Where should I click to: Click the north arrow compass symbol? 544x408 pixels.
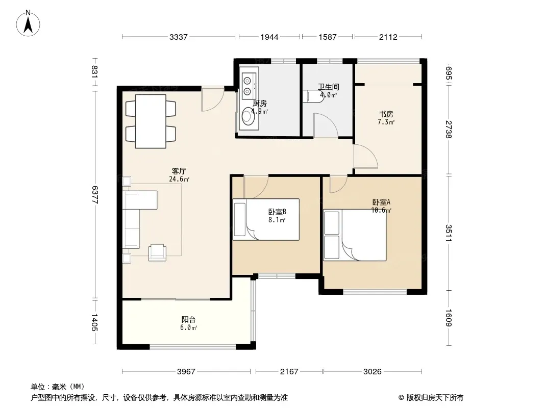point(28,23)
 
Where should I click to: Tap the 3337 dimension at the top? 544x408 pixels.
point(178,37)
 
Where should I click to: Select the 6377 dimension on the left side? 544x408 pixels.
point(95,195)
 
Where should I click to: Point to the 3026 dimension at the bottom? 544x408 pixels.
point(372,372)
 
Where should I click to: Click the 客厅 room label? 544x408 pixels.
point(179,171)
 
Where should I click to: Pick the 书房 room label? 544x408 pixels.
point(386,114)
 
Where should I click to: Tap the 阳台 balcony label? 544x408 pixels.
point(188,320)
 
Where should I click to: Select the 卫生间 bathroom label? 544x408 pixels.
point(329,87)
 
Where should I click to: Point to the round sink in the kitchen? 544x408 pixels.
point(248,116)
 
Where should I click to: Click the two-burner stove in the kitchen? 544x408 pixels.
point(248,86)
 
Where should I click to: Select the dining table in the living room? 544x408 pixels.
point(151,121)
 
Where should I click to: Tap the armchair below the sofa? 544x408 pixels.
point(157,252)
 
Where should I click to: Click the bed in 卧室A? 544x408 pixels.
point(355,235)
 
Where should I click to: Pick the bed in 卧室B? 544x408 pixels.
point(266,219)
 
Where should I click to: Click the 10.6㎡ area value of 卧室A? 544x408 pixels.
point(381,211)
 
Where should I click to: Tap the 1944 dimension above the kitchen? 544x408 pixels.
point(269,37)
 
